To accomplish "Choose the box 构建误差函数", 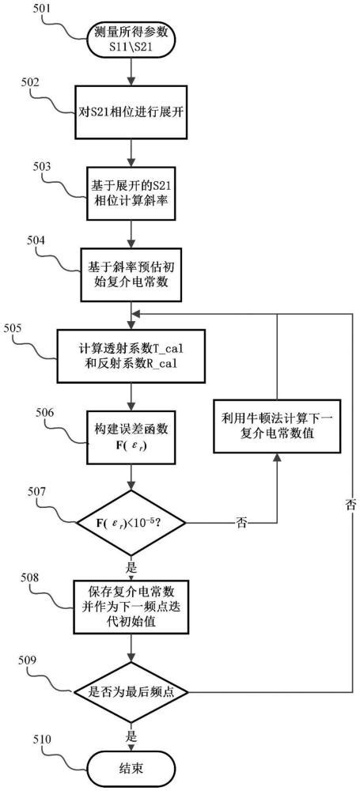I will [131, 437].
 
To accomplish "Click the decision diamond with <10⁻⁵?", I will [131, 522].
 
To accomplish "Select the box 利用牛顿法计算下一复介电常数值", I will [277, 428].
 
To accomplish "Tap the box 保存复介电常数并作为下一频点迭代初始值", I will [131, 607].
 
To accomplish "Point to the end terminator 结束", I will [131, 768].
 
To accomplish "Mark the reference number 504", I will [37, 239].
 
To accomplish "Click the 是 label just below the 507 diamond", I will [131, 568].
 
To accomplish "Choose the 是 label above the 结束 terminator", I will [131, 735].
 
